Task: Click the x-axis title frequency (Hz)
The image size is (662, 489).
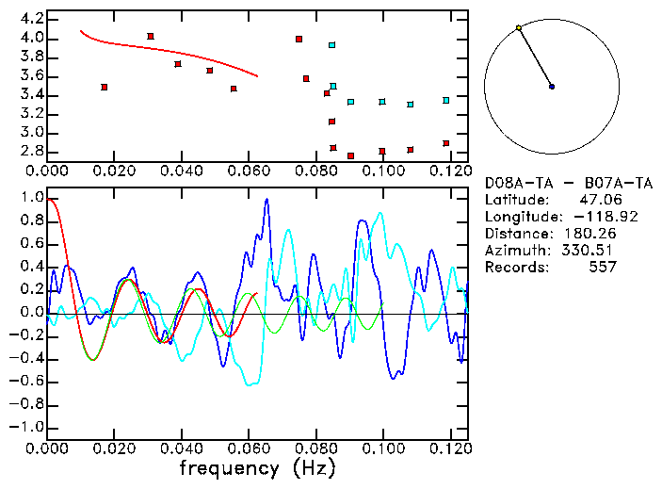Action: click(x=257, y=467)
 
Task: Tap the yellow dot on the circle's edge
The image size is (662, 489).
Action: click(x=519, y=28)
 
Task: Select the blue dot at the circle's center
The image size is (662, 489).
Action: click(x=552, y=87)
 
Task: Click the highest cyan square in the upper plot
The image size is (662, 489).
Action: click(x=332, y=44)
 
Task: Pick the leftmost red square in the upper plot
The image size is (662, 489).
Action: click(x=105, y=87)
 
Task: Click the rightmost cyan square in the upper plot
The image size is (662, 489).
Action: click(x=446, y=100)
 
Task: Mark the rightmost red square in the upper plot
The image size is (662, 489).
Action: click(x=446, y=143)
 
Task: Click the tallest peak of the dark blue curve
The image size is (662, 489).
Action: click(x=267, y=200)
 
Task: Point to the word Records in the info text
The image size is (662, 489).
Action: click(x=515, y=267)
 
